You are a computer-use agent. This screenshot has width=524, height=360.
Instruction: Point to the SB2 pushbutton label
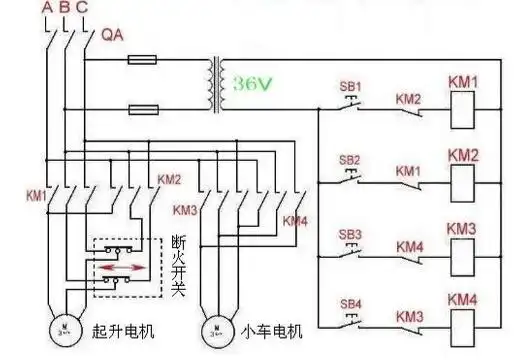pyautogui.click(x=349, y=160)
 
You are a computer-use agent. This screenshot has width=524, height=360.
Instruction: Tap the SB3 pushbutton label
pyautogui.click(x=349, y=234)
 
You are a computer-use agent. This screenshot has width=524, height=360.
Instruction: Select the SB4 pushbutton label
pyautogui.click(x=349, y=303)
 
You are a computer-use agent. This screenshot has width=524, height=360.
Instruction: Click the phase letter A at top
pyautogui.click(x=47, y=9)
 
